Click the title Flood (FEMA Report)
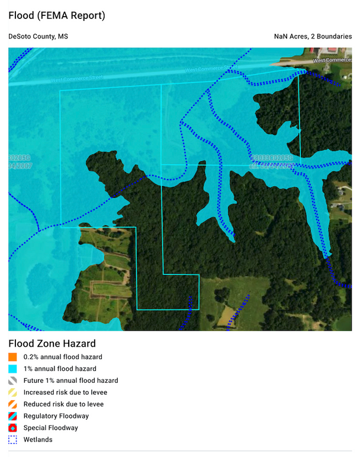point(57,16)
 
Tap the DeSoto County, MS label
point(38,37)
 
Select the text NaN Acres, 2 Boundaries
point(313,37)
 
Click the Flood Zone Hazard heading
point(52,344)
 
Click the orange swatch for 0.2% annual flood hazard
point(12,357)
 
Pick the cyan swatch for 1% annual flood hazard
point(12,369)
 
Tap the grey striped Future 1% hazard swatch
point(12,381)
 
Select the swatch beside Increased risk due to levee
point(12,392)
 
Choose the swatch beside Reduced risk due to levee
point(12,404)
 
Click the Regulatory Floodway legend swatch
point(12,416)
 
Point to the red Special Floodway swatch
point(12,428)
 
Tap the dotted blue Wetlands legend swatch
point(12,440)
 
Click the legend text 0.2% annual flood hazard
point(63,357)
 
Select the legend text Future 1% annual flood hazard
point(70,381)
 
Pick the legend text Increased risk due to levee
point(65,392)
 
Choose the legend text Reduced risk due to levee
point(63,404)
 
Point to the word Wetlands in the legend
point(38,440)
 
